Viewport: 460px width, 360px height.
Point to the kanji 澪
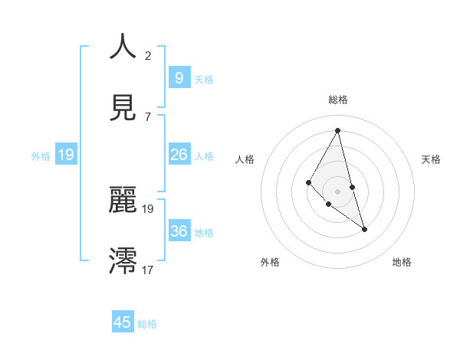pyautogui.click(x=123, y=260)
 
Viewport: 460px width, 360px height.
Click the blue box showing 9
pyautogui.click(x=179, y=77)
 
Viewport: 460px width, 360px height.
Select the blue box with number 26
pyautogui.click(x=179, y=155)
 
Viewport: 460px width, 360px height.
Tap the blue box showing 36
pyautogui.click(x=179, y=231)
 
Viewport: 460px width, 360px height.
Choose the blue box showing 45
pyautogui.click(x=123, y=322)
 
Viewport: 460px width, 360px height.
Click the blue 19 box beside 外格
pyautogui.click(x=65, y=155)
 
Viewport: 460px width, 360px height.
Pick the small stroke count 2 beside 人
pyautogui.click(x=148, y=56)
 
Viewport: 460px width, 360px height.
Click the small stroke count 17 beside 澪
pyautogui.click(x=148, y=270)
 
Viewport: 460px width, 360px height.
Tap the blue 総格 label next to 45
pyautogui.click(x=147, y=324)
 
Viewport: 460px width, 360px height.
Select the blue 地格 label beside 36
pyautogui.click(x=204, y=232)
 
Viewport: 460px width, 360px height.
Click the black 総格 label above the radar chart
pyautogui.click(x=338, y=100)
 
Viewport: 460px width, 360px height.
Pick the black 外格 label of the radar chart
pyautogui.click(x=270, y=262)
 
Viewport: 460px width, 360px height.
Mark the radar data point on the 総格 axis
pyautogui.click(x=337, y=130)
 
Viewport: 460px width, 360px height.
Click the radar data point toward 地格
pyautogui.click(x=365, y=229)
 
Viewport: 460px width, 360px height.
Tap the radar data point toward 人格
pyautogui.click(x=309, y=182)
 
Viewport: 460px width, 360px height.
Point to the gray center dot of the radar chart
pyautogui.click(x=337, y=191)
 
